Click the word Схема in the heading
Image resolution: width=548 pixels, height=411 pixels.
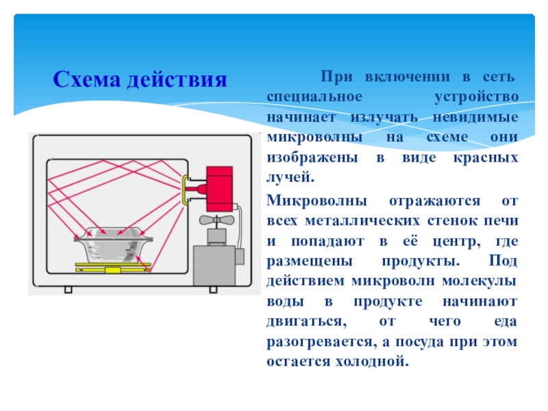87,80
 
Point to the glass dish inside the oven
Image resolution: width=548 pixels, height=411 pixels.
112,242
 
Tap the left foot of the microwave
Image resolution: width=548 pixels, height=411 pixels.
68,288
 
